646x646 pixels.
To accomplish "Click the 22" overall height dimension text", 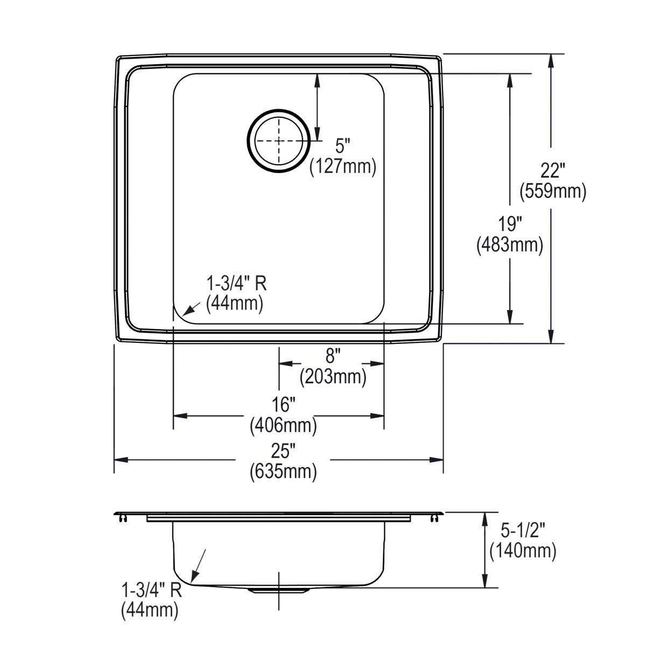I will (x=552, y=172).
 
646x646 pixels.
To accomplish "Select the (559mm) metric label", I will (x=552, y=191).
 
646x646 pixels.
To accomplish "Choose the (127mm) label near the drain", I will (x=342, y=166).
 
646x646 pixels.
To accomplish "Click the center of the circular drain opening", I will (x=279, y=141).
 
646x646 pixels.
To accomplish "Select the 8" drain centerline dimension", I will (x=333, y=356).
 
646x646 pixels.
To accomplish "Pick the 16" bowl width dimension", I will (x=284, y=405).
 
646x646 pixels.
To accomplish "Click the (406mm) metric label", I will (x=283, y=425).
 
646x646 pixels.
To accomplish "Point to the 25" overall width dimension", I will (x=283, y=451).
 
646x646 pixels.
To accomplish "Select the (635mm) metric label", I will (x=283, y=472).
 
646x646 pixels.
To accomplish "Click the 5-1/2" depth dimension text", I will (x=523, y=531).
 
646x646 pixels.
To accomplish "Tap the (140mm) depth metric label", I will (x=523, y=550).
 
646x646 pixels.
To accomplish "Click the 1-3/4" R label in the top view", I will (x=237, y=283).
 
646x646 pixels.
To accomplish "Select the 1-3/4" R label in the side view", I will (x=152, y=590).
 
